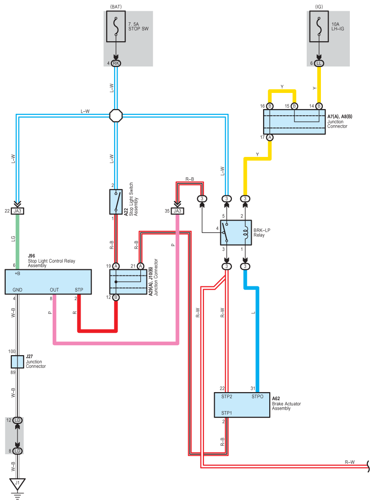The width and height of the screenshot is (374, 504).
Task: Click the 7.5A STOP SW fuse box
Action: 116,27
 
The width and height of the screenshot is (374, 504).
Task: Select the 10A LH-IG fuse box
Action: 319,27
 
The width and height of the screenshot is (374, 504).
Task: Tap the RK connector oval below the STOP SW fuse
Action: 116,64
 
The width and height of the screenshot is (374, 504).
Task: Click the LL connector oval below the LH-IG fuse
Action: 319,64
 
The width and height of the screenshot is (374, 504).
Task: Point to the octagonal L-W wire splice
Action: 116,115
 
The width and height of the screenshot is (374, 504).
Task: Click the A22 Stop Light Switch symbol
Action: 116,202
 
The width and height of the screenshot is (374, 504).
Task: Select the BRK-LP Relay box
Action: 236,233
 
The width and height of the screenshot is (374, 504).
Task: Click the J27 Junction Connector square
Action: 18,362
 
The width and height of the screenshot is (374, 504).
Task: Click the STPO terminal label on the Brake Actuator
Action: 257,397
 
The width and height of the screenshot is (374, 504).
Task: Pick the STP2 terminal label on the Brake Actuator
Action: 227,397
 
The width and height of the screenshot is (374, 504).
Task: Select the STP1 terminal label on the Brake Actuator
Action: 227,412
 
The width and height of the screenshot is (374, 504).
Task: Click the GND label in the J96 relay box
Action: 18,290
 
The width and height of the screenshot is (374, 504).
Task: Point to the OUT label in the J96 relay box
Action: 55,290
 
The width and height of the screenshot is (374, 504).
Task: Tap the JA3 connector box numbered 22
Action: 18,211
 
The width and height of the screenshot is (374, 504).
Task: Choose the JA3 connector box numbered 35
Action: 177,211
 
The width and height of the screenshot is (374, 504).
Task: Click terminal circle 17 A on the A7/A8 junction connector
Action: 270,137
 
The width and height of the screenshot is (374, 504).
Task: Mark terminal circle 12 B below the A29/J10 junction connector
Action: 116,297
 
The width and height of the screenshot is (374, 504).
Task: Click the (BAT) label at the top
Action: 116,7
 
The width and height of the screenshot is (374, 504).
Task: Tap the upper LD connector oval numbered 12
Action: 18,420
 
